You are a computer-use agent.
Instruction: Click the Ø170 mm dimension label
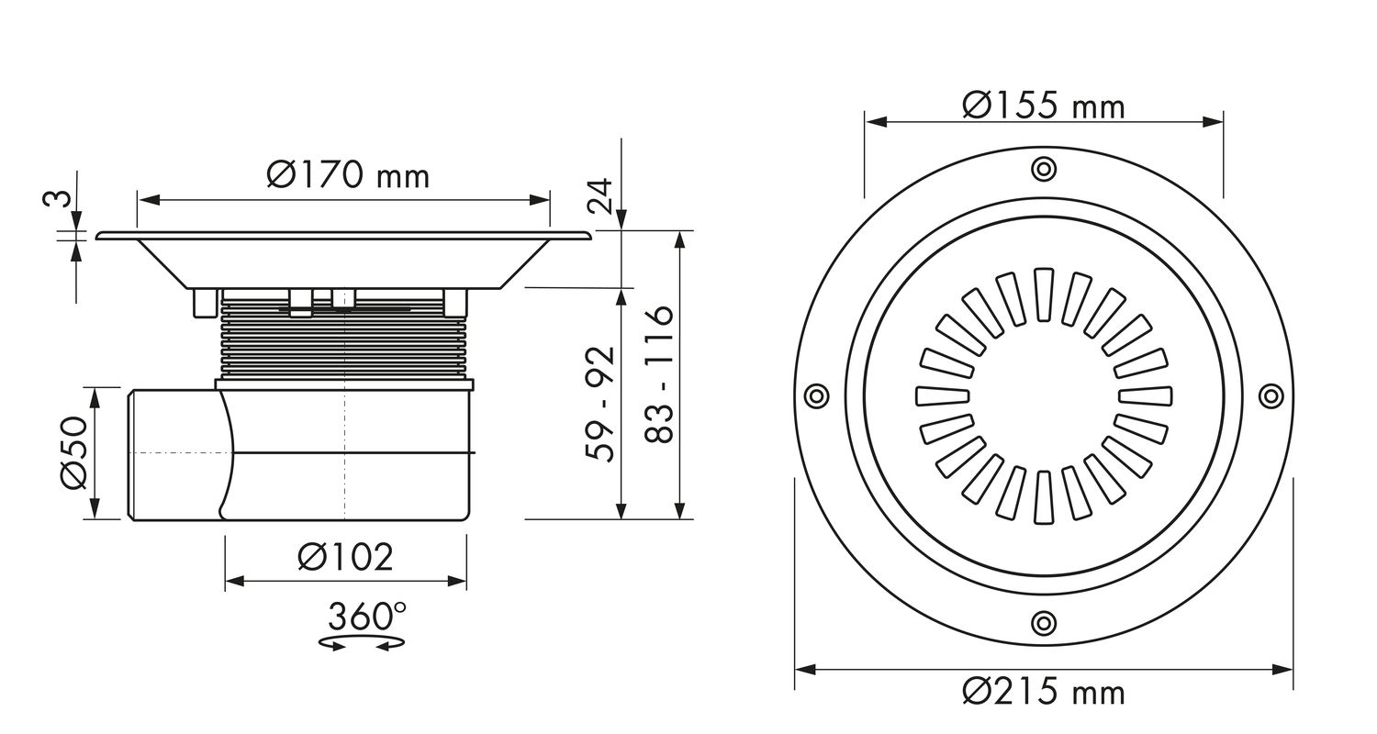point(348,175)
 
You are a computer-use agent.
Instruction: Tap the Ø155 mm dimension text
point(1044,106)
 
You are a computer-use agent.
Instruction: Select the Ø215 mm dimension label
point(1044,692)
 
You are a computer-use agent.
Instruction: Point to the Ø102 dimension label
point(345,557)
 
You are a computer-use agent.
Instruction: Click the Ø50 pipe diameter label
point(74,452)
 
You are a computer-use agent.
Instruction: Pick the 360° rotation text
point(367,617)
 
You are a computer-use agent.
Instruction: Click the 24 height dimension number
point(600,196)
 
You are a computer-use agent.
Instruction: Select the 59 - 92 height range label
point(600,405)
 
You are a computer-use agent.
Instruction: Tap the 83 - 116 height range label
point(660,374)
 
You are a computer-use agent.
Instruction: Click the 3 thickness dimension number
point(57,198)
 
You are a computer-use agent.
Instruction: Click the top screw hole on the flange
point(1043,168)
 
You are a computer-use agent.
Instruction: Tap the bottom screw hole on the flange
point(1043,623)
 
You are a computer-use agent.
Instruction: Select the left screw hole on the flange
point(816,395)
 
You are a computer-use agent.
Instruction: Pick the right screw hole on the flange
point(1271,395)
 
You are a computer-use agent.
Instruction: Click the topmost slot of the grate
point(1043,295)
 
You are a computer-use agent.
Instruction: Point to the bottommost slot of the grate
point(1043,497)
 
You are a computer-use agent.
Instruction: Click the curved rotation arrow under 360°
point(363,644)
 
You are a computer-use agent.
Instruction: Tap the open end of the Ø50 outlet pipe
point(131,454)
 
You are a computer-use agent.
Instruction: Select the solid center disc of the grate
point(1043,396)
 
